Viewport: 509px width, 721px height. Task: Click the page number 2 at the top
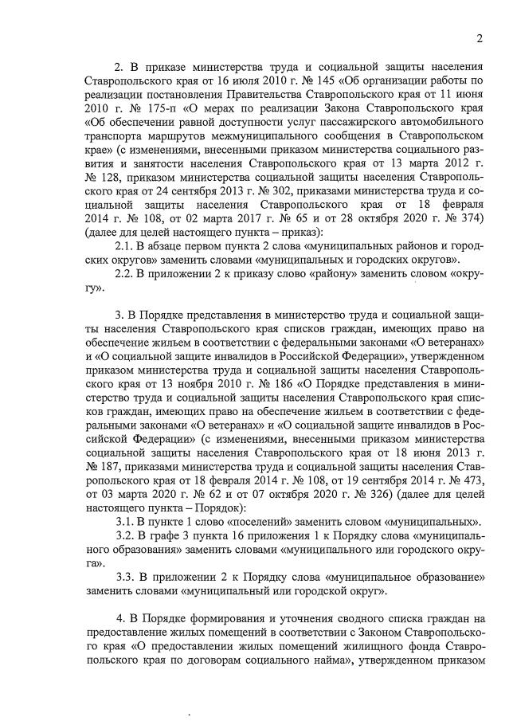(x=480, y=38)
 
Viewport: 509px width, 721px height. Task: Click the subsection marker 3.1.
(x=126, y=522)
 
